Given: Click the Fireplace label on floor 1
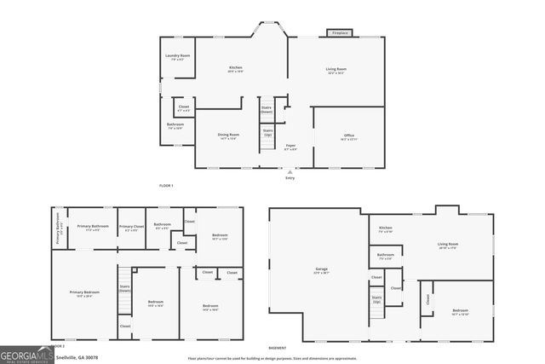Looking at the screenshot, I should (x=340, y=33).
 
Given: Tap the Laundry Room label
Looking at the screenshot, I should (x=178, y=57).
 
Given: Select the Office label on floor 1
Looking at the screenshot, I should (x=349, y=137).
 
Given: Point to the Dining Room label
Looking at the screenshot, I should (x=228, y=136).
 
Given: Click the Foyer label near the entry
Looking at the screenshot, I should (x=290, y=147).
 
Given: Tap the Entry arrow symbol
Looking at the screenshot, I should (x=290, y=171).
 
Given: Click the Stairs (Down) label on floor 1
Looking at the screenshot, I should (x=267, y=109).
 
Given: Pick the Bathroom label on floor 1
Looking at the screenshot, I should (x=175, y=126).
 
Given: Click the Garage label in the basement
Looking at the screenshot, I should (x=321, y=270).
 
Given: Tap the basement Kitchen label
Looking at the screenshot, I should (x=386, y=228).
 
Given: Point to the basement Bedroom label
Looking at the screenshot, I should (x=460, y=311).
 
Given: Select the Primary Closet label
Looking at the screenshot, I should (x=132, y=228).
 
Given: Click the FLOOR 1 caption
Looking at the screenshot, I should (x=166, y=185).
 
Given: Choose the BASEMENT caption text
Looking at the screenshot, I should (x=278, y=348).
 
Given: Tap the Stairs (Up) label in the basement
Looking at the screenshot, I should (x=376, y=301).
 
